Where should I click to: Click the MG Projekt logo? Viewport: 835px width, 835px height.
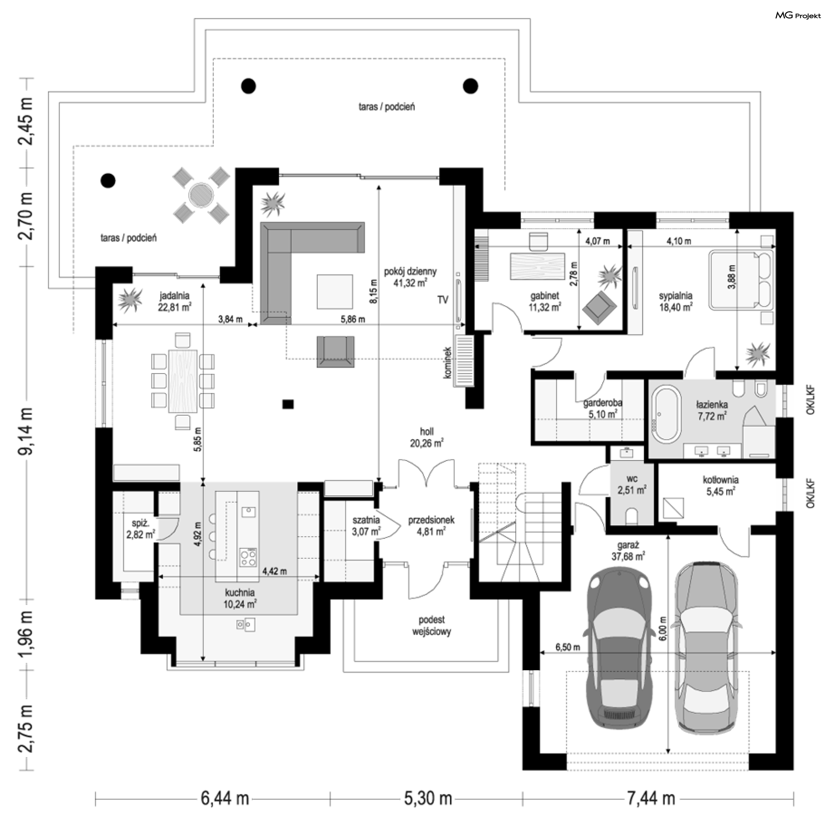[x=798, y=16]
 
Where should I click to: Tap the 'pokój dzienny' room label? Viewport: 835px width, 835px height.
[x=410, y=272]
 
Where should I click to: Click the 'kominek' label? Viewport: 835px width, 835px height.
[x=448, y=362]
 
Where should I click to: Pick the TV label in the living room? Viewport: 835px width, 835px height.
[x=443, y=300]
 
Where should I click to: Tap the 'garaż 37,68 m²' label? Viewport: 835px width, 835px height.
[x=628, y=551]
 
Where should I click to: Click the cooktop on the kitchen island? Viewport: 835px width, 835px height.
[x=248, y=558]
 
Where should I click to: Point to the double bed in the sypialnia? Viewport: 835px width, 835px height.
[x=742, y=280]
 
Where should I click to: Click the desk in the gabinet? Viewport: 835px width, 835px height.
[x=537, y=266]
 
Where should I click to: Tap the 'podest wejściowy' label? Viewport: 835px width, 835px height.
[x=431, y=626]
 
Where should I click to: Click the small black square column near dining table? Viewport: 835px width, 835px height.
[x=288, y=404]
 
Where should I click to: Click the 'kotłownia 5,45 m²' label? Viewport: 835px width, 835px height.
[x=721, y=486]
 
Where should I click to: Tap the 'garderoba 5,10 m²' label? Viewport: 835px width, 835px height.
[x=603, y=408]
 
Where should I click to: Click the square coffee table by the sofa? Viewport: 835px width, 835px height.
[x=334, y=291]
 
